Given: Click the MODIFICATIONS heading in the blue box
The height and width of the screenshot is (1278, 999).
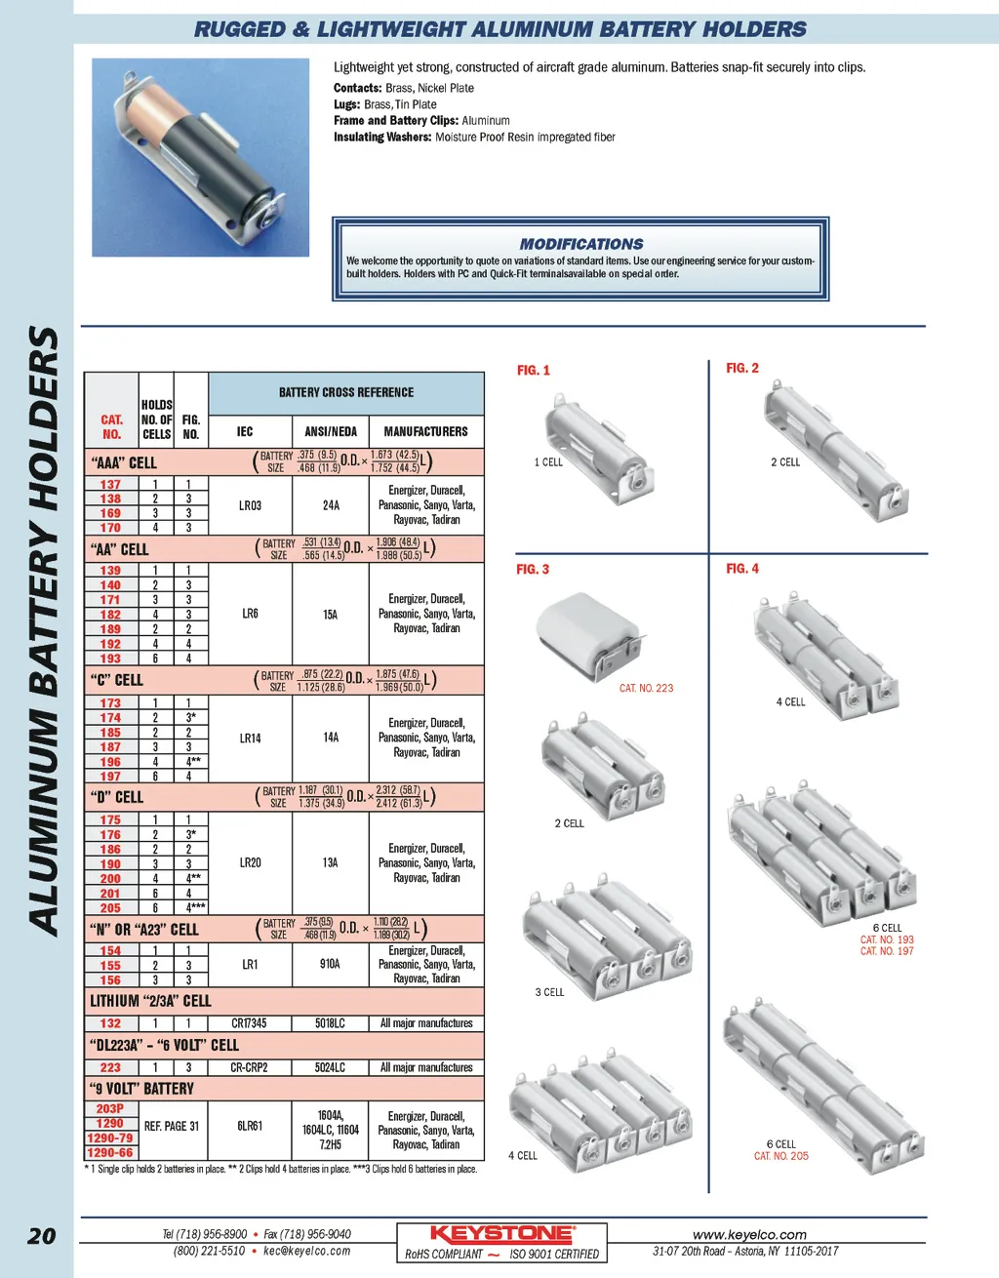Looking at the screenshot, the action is click(580, 244).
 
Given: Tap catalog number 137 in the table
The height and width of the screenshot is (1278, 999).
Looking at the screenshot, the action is click(110, 484).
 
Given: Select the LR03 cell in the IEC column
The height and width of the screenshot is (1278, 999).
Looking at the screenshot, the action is click(250, 505).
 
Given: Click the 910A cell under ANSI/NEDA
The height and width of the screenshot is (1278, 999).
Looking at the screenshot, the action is click(330, 964).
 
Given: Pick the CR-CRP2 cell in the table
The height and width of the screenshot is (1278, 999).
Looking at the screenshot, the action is click(250, 1067).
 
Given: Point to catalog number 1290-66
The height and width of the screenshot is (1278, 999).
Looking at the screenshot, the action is click(110, 1153).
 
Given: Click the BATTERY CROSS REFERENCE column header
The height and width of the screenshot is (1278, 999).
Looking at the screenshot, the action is click(346, 392).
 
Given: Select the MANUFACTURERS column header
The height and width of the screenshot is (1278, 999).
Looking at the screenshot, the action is click(425, 431).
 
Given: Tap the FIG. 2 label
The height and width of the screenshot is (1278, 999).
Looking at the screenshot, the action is click(742, 368).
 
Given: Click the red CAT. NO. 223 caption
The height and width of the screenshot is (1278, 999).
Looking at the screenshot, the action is click(646, 688).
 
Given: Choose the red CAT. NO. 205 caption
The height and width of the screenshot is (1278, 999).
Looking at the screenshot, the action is click(781, 1156).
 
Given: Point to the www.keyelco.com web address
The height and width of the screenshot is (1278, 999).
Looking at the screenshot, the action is click(749, 1234).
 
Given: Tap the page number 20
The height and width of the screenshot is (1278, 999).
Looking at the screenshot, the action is click(42, 1236).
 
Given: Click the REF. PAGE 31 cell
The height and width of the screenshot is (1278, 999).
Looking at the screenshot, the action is click(172, 1126).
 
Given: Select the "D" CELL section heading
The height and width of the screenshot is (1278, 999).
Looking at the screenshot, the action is click(116, 797).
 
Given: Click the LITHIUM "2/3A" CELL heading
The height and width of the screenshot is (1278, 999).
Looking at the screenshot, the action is click(150, 1001).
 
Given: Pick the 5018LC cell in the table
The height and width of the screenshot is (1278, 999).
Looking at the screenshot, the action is click(330, 1023).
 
